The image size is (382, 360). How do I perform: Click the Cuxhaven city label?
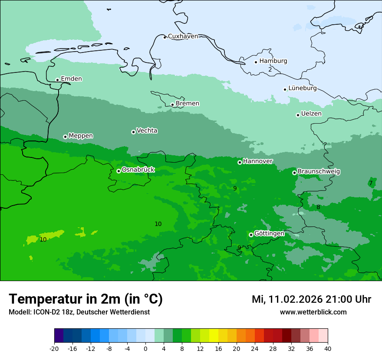click(183, 36)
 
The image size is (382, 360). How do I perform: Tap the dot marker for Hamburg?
click(256, 62)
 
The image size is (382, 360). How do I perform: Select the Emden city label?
click(71, 79)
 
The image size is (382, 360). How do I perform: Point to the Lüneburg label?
click(302, 88)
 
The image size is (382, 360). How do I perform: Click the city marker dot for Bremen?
click(172, 105)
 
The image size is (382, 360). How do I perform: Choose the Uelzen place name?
click(311, 114)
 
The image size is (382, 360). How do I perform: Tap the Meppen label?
click(81, 136)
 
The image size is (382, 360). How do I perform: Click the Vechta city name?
click(147, 131)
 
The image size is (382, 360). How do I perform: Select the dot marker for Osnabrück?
click(119, 171)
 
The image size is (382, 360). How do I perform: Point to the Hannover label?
click(257, 161)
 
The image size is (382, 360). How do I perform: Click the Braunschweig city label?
click(319, 172)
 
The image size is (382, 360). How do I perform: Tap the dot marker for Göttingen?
click(251, 235)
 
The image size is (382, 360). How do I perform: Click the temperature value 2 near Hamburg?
click(270, 69)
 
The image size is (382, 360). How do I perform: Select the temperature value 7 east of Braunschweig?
click(371, 183)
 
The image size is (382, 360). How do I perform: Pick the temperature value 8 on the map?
click(318, 207)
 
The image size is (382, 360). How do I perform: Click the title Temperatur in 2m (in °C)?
click(86, 299)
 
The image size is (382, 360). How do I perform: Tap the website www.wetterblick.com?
click(313, 312)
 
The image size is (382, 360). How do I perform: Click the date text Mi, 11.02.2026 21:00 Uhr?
click(311, 299)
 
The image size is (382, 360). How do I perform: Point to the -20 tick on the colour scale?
click(54, 349)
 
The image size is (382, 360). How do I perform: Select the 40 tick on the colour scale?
click(327, 349)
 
